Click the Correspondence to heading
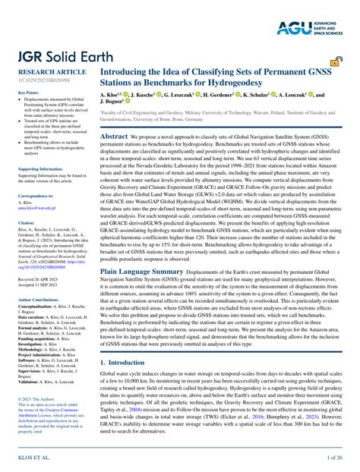(36, 196)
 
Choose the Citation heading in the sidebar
(26, 222)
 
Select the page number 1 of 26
(334, 458)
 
